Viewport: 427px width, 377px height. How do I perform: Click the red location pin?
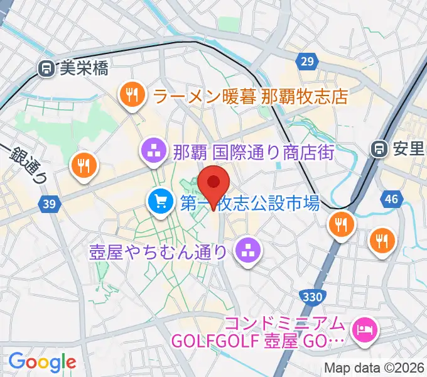pos(213,183)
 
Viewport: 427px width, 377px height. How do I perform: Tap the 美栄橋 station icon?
pos(46,68)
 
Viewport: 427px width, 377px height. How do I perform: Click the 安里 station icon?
pos(379,150)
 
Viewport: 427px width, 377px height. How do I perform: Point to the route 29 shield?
pos(306,60)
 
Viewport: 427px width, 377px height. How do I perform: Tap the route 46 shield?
pos(392,200)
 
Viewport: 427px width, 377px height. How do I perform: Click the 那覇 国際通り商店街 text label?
pos(253,151)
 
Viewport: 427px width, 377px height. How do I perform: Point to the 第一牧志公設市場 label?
pos(251,202)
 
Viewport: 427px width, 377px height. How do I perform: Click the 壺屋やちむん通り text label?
pos(159,253)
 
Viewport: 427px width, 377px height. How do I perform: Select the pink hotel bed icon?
pos(364,327)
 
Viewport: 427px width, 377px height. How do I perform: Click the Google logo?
pos(42,361)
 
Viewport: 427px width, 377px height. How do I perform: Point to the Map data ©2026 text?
pos(374,368)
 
